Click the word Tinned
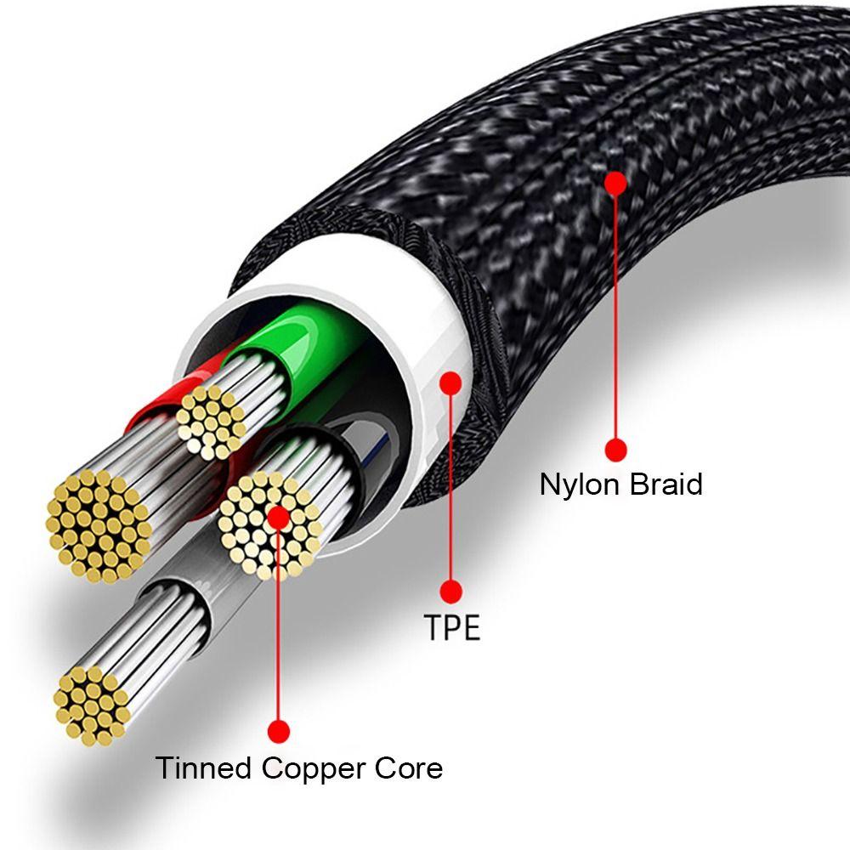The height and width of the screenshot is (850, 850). pos(204,768)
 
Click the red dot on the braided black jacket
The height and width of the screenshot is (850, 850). pos(616,182)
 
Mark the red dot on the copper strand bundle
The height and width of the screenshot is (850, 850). pos(278,516)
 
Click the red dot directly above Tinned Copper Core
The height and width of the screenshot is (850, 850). pos(278,730)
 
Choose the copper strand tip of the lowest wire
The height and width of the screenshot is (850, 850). pos(91,701)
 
